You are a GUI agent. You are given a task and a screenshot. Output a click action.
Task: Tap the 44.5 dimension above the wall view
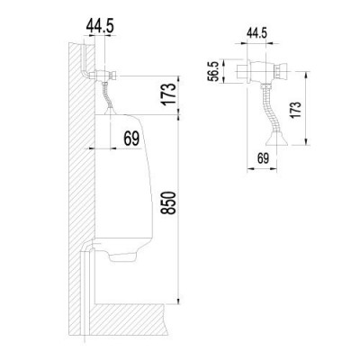100,26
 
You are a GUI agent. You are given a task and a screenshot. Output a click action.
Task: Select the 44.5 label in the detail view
256,33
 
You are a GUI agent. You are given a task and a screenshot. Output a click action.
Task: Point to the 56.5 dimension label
214,72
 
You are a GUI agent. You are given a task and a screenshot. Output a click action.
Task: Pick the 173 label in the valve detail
295,110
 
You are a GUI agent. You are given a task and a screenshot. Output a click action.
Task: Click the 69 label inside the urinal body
131,139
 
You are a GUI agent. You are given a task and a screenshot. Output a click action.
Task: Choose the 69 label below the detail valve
263,158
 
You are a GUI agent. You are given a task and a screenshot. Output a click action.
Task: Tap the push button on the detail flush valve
283,70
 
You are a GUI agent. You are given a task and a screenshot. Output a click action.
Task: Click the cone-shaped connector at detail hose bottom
276,139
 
